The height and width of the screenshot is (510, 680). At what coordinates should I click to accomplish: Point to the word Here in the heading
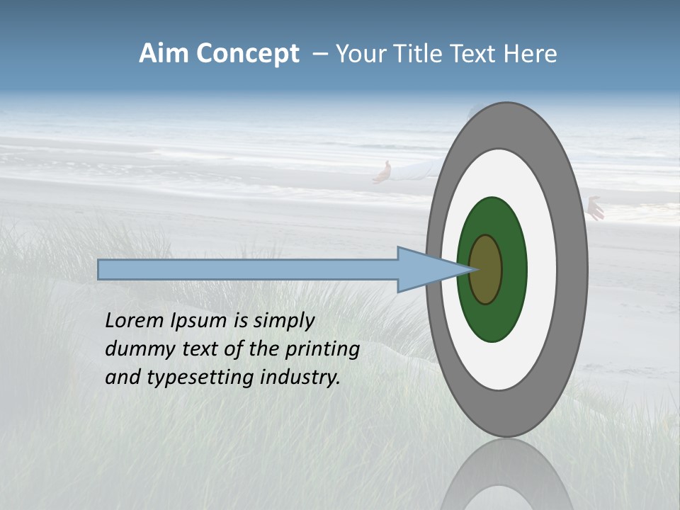click(530, 54)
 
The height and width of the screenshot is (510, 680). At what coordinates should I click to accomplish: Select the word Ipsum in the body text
click(200, 320)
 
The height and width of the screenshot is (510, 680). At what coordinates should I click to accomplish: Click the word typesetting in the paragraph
click(202, 378)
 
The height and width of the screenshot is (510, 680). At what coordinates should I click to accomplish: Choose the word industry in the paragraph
click(300, 377)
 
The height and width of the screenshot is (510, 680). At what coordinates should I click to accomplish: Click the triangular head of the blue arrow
click(425, 270)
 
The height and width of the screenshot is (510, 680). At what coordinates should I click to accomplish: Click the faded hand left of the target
click(382, 172)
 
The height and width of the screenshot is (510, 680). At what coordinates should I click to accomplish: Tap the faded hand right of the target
click(595, 208)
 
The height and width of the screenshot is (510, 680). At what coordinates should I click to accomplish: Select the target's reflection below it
click(507, 475)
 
